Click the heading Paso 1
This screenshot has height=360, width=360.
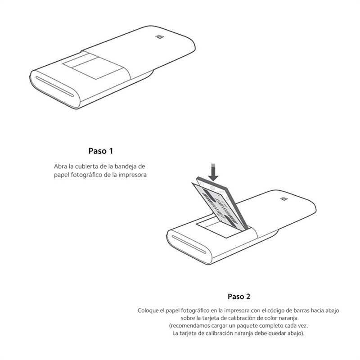(100, 151)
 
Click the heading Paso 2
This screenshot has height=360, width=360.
(239, 297)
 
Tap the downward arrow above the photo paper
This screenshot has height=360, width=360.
(213, 172)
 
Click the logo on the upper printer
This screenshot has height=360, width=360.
(159, 37)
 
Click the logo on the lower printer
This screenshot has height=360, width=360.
(284, 198)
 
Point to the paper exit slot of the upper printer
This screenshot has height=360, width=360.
(54, 86)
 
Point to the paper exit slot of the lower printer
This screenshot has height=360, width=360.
(189, 244)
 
